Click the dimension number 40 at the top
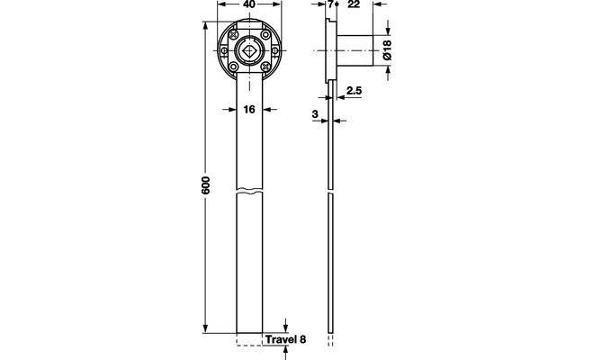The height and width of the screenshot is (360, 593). pos(249,4)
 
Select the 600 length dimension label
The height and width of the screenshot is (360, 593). pos(205,185)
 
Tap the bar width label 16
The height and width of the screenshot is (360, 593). pos(249,109)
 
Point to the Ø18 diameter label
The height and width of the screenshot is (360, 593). pos(387,49)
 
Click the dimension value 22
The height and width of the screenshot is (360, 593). pos(354,4)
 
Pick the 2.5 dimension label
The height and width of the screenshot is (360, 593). pos(354,91)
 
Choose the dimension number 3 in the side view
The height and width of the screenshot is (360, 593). pos(315,114)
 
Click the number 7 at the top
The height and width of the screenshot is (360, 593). pos(331,4)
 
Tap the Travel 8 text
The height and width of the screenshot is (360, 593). pos(285,339)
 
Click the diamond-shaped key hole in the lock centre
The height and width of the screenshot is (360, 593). pos(249,50)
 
